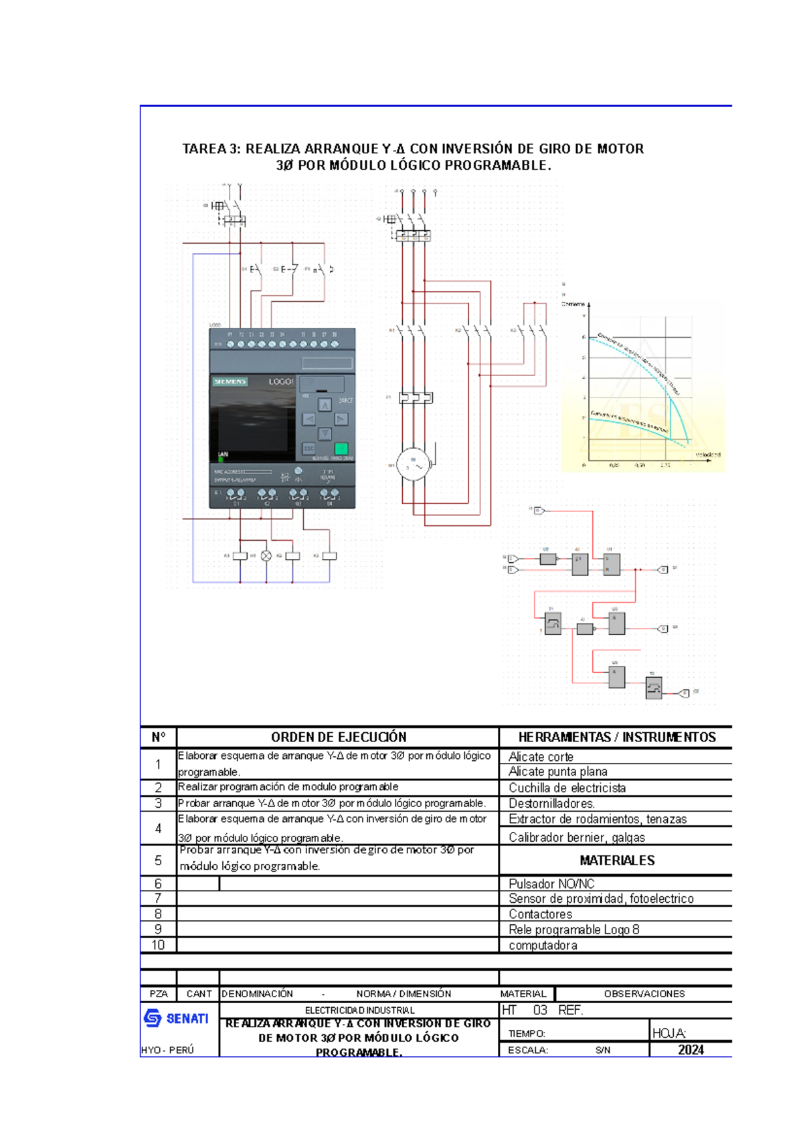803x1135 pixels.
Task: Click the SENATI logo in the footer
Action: pos(176,1018)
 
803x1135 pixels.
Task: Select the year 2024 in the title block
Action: pos(691,1049)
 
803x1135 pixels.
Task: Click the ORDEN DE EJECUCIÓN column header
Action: pos(339,737)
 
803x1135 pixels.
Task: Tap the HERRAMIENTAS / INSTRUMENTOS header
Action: pos(616,737)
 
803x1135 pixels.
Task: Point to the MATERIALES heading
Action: pos(617,860)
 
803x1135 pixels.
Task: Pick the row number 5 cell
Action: pos(158,860)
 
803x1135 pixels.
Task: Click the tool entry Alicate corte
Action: pos(541,757)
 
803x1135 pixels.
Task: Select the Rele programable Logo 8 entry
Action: pos(573,930)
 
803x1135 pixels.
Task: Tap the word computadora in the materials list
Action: pos(543,945)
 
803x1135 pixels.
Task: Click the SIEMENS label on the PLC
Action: pos(230,381)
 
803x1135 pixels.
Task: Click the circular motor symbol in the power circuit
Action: pos(413,464)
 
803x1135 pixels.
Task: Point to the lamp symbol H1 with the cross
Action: pos(266,556)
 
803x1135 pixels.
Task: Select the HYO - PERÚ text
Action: pos(167,1050)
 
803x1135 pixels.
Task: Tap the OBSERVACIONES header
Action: pos(644,994)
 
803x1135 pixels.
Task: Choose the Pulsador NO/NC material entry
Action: pos(551,883)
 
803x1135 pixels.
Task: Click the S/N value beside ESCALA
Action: pos(603,1050)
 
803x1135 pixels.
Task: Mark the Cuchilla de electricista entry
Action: pos(567,788)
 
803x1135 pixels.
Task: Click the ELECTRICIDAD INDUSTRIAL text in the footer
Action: pos(359,1010)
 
